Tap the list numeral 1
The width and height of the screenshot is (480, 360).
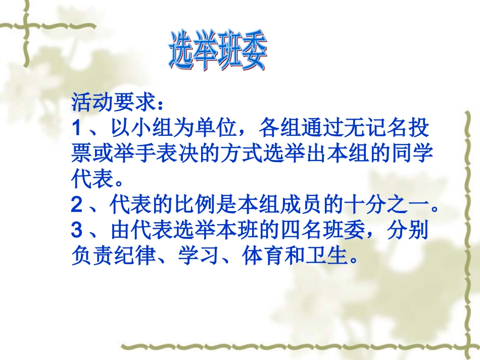pos(77,128)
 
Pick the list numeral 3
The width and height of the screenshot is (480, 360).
pos(77,231)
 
